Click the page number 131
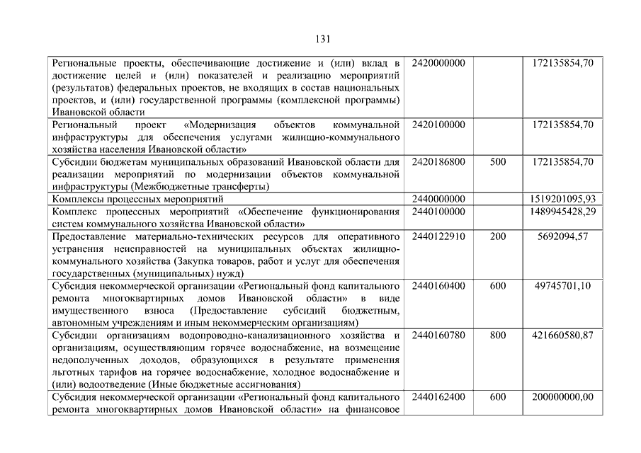click(x=320, y=39)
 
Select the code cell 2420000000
click(x=438, y=64)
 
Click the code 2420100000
click(x=438, y=125)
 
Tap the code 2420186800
click(x=438, y=162)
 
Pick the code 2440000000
click(x=438, y=199)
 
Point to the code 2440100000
click(x=438, y=212)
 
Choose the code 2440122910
click(x=438, y=236)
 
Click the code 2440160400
click(x=438, y=286)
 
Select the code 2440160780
click(x=438, y=335)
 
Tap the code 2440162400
click(x=438, y=396)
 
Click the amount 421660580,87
click(x=562, y=335)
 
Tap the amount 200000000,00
click(x=562, y=396)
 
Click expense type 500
click(x=498, y=162)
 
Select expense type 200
click(x=498, y=236)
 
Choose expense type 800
click(x=498, y=335)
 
